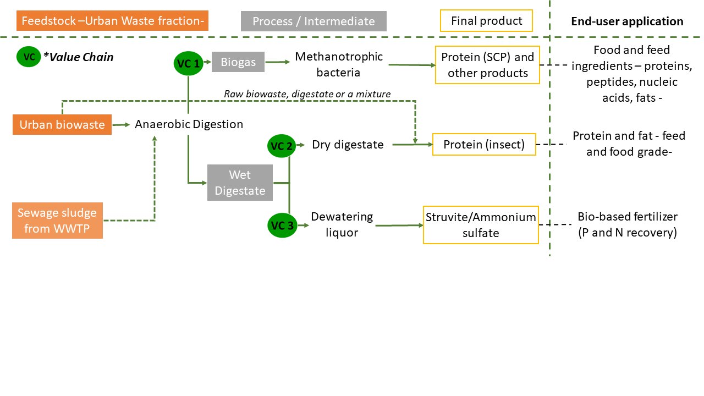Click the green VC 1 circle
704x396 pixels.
click(188, 63)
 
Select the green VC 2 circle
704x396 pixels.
click(282, 146)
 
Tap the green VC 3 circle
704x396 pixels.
click(282, 226)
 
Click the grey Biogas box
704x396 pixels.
click(238, 62)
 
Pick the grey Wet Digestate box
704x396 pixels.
click(240, 183)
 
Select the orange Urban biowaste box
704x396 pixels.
click(62, 124)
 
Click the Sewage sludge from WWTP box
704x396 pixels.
click(57, 221)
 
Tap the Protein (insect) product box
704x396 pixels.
click(484, 144)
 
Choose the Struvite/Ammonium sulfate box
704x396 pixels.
click(481, 225)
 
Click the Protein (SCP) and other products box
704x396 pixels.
click(487, 65)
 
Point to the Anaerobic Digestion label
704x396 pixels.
click(189, 124)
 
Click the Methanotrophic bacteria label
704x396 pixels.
click(338, 64)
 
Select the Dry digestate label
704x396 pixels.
click(348, 145)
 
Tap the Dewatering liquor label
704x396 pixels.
click(342, 224)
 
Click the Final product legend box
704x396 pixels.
click(486, 21)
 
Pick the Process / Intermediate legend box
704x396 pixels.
click(313, 21)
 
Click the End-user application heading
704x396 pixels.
click(627, 21)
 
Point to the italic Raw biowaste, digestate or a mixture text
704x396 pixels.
click(307, 94)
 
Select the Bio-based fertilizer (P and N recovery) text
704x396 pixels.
click(628, 224)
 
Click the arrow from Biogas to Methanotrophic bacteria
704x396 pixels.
click(278, 62)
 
